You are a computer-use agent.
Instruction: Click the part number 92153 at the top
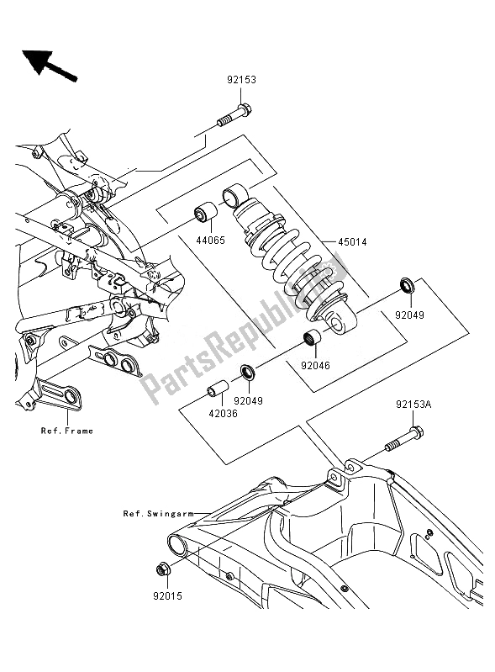pyautogui.click(x=241, y=80)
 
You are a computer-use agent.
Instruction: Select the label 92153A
pyautogui.click(x=413, y=405)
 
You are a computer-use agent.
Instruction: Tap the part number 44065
pyautogui.click(x=211, y=240)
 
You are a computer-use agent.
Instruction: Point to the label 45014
pyautogui.click(x=352, y=242)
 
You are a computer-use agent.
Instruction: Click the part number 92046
pyautogui.click(x=316, y=366)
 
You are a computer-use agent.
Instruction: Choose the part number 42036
pyautogui.click(x=223, y=414)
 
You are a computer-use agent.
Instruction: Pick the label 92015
pyautogui.click(x=167, y=595)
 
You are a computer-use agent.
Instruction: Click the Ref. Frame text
pyautogui.click(x=67, y=431)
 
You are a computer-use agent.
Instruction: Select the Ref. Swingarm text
pyautogui.click(x=159, y=513)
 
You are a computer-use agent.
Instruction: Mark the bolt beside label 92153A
pyautogui.click(x=404, y=438)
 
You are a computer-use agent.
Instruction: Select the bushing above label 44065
pyautogui.click(x=207, y=211)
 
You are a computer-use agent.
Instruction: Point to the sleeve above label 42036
pyautogui.click(x=218, y=388)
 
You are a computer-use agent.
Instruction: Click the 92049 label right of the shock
pyautogui.click(x=409, y=315)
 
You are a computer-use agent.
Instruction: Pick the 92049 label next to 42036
pyautogui.click(x=249, y=401)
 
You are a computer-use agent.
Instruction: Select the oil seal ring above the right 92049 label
pyautogui.click(x=407, y=285)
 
